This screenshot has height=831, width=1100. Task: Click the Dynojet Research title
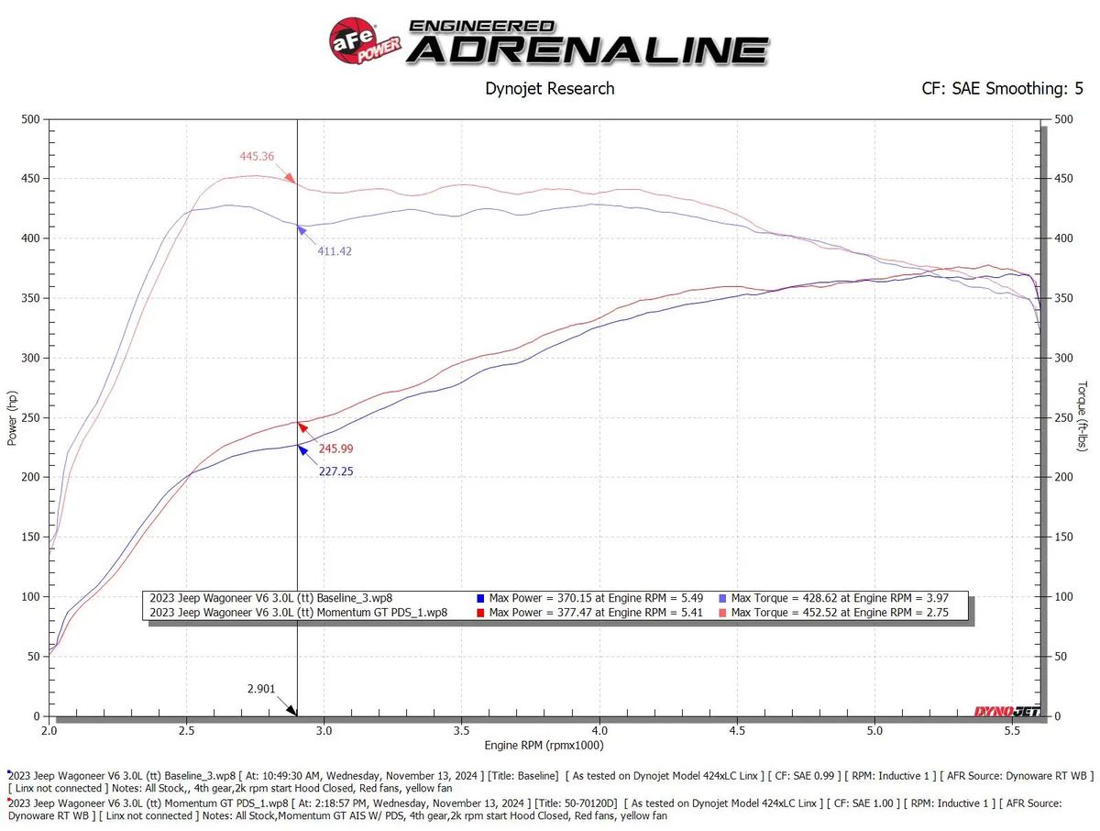[x=549, y=89]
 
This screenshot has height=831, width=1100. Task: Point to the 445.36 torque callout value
[x=258, y=156]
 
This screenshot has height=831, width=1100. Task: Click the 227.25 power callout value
[x=335, y=471]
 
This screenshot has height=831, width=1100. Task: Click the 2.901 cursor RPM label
[x=260, y=688]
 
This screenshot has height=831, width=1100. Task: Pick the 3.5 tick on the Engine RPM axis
[x=462, y=731]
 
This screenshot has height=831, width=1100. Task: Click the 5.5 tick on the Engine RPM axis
[x=1012, y=731]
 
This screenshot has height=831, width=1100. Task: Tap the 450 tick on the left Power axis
[x=31, y=179]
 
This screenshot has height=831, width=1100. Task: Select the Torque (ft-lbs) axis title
[x=1083, y=417]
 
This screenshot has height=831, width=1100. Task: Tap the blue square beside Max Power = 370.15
[x=482, y=597]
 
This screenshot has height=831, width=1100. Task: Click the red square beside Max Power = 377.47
[x=482, y=613]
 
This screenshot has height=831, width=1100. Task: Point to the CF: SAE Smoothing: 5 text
[x=1002, y=89]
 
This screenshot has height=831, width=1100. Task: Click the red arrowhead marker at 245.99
[x=301, y=427]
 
